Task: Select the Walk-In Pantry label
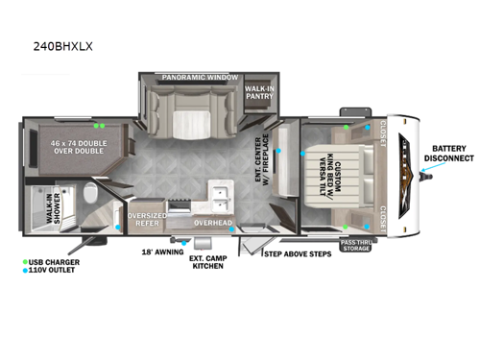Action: tap(257, 90)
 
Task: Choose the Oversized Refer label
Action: tap(148, 219)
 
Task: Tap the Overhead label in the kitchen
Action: tap(213, 223)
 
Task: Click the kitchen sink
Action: tap(221, 197)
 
